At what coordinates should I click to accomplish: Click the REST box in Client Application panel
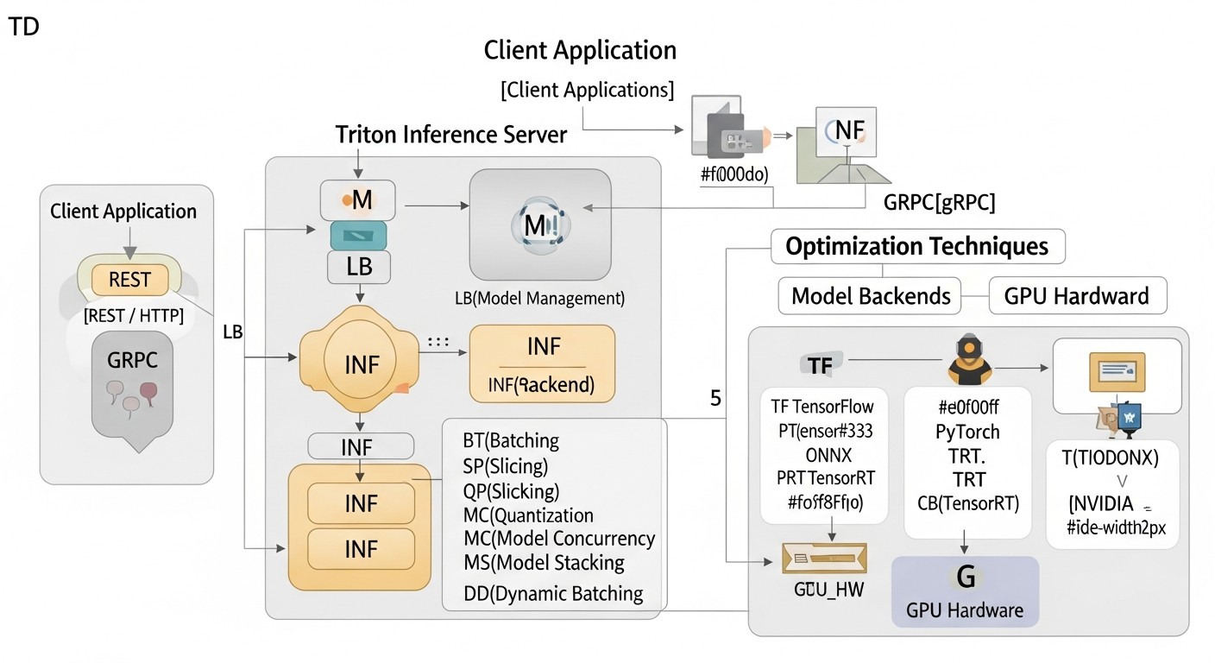click(x=129, y=280)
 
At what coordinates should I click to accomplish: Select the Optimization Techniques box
click(x=916, y=247)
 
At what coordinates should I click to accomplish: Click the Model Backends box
click(x=871, y=296)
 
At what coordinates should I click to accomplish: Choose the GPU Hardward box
click(x=1076, y=296)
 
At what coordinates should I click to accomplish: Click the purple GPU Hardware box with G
click(x=965, y=591)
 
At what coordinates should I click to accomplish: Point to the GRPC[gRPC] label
click(x=940, y=204)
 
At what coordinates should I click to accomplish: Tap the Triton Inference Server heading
click(x=451, y=135)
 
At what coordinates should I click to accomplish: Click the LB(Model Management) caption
click(x=539, y=299)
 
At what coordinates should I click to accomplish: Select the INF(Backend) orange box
click(x=542, y=363)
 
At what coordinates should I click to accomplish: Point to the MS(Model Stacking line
click(x=544, y=563)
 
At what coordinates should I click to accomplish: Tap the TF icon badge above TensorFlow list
click(x=822, y=365)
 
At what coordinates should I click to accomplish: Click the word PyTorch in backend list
click(x=967, y=432)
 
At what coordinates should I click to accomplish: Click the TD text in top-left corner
click(x=23, y=27)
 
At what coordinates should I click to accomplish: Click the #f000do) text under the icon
click(x=734, y=174)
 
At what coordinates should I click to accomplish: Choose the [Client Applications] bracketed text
click(x=587, y=90)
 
